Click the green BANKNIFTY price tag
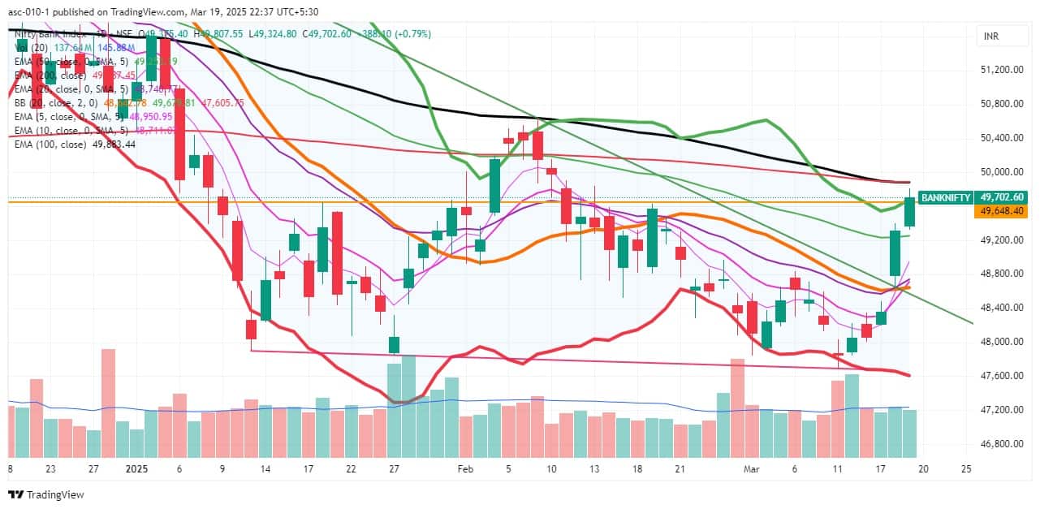[945, 197]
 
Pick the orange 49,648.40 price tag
[1003, 211]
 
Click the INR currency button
[990, 37]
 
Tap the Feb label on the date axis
[464, 469]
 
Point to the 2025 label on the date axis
[136, 469]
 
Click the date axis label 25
[965, 469]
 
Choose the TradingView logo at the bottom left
[47, 494]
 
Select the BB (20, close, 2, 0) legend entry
[57, 103]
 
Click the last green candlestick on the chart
[910, 212]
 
